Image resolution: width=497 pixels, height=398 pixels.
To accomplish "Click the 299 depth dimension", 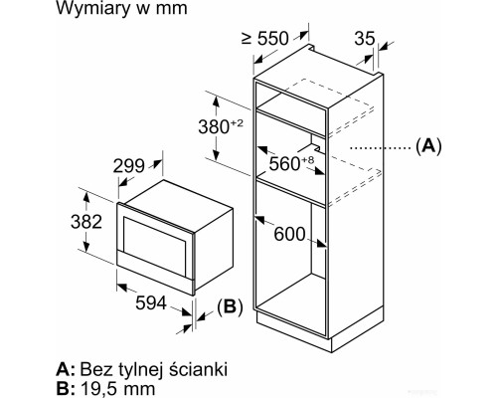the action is [x=129, y=166].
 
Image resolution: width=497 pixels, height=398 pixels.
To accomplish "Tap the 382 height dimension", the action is [x=86, y=222].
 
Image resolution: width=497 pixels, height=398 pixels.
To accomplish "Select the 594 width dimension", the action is [x=151, y=302].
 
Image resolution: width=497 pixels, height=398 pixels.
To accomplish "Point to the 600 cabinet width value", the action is [x=289, y=234].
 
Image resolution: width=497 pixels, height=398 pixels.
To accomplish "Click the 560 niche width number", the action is [x=284, y=163].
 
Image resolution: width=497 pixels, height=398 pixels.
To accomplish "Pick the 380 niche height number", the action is [x=214, y=126].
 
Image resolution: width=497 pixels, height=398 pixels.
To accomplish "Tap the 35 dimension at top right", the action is [x=365, y=39].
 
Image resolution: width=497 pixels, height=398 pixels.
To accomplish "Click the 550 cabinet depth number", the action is [x=273, y=39].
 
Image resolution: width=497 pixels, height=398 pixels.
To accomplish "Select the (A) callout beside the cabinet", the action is [x=428, y=146].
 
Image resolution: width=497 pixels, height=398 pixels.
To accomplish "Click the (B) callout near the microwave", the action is [x=230, y=306].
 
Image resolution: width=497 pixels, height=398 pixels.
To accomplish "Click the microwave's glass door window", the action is [x=154, y=246].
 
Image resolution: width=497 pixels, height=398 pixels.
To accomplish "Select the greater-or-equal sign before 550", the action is [x=247, y=39].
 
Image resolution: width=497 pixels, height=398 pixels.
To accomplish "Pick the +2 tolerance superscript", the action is [x=237, y=123].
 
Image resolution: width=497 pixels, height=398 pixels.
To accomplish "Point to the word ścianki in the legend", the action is [x=199, y=368].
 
